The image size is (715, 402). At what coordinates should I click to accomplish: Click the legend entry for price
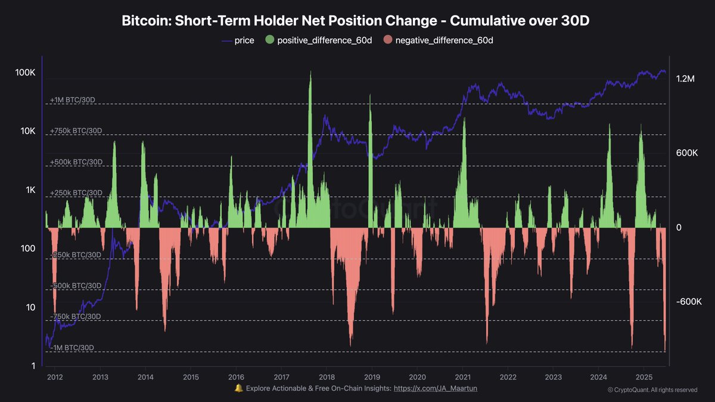pyautogui.click(x=238, y=40)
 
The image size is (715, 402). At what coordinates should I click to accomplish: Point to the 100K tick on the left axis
pyautogui.click(x=25, y=73)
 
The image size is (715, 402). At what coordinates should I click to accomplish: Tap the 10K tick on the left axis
pyautogui.click(x=27, y=132)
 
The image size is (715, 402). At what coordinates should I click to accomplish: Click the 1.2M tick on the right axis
pyautogui.click(x=686, y=79)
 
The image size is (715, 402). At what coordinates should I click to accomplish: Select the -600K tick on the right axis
pyautogui.click(x=689, y=302)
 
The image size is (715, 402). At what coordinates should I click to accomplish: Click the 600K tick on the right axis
pyautogui.click(x=687, y=153)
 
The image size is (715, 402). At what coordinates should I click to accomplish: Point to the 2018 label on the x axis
pyautogui.click(x=326, y=377)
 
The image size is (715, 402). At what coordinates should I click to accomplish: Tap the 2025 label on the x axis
pyautogui.click(x=643, y=377)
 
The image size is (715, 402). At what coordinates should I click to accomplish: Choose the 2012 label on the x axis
pyautogui.click(x=54, y=377)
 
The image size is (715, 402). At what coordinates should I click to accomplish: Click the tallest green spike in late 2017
pyautogui.click(x=310, y=74)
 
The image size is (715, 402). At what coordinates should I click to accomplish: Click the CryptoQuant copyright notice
pyautogui.click(x=652, y=390)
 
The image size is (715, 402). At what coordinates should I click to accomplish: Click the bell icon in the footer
pyautogui.click(x=238, y=388)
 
